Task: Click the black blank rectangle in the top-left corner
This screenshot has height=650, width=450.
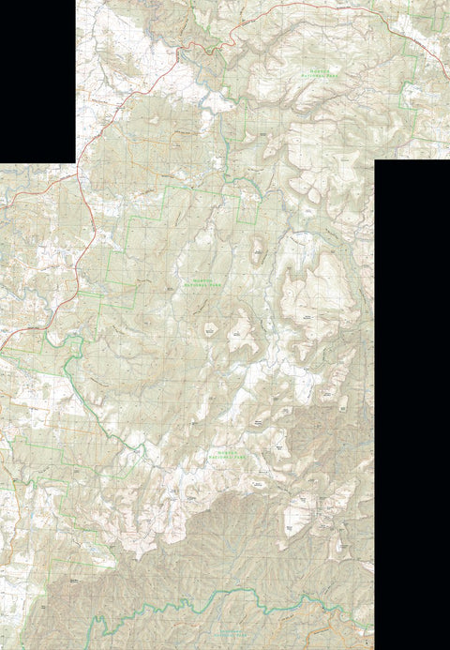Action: (x=37, y=81)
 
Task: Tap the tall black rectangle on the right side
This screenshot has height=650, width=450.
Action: (x=412, y=403)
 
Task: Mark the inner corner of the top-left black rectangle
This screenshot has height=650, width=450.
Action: (x=75, y=162)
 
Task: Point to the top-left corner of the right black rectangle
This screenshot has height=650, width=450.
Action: (x=375, y=160)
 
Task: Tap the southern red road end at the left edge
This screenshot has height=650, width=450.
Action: (x=2, y=348)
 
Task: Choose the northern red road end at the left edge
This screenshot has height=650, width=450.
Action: (x=2, y=193)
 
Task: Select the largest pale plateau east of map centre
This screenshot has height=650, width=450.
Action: (x=323, y=295)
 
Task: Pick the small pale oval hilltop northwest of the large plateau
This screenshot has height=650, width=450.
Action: (x=257, y=249)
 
